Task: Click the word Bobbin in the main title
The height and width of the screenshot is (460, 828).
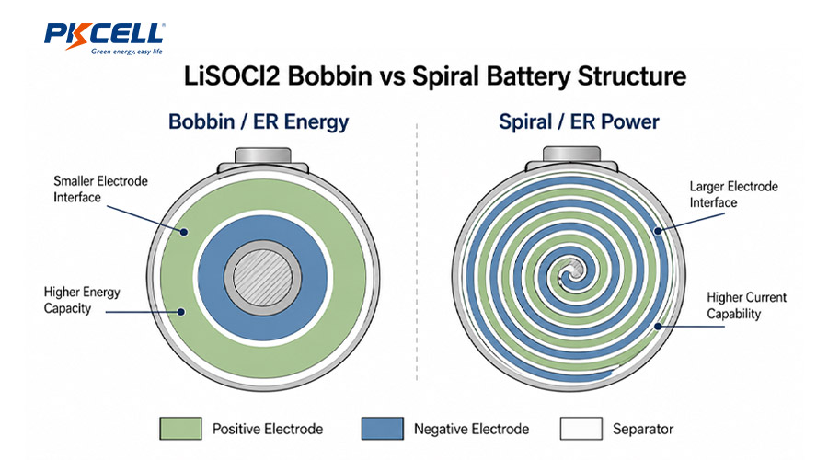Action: point(330,76)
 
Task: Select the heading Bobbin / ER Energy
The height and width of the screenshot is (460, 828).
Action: point(259,122)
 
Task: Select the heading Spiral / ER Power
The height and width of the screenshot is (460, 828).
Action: point(579,122)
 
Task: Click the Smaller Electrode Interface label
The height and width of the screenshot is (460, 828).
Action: point(100,190)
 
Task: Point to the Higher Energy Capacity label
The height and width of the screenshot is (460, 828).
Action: point(82,300)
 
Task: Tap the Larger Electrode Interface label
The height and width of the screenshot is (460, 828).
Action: point(733,194)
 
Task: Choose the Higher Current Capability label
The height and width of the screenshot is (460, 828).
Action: point(747,305)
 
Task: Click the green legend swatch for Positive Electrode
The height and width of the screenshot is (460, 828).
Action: point(180,429)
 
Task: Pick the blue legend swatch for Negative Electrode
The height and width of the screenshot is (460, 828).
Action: point(383,429)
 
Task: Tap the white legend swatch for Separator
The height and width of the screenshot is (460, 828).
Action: point(581,429)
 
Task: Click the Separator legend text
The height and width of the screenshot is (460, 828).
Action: point(643,429)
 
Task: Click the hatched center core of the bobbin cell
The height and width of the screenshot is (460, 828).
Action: point(263,277)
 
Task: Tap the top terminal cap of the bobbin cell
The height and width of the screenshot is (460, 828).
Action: point(263,156)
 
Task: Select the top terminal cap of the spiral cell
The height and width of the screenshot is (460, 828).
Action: point(572,155)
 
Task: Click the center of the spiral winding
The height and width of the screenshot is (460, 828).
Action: point(570,272)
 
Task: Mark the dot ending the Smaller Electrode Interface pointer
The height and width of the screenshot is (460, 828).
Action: point(184,231)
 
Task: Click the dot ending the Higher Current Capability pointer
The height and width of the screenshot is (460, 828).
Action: point(658,326)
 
